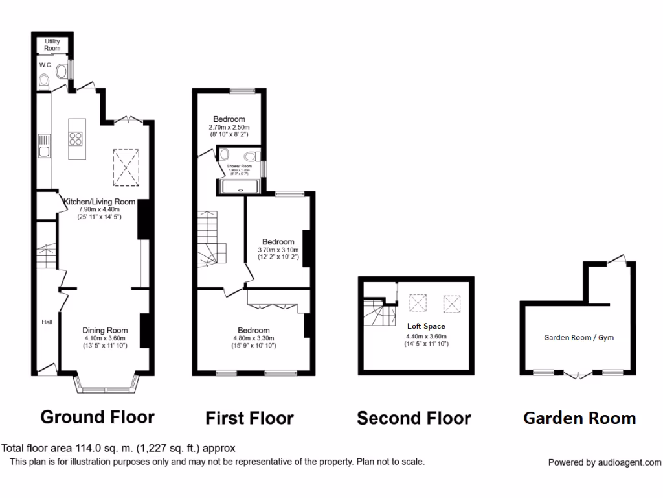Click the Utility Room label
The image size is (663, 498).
coord(52,45)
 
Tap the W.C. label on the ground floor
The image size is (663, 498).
coord(45,65)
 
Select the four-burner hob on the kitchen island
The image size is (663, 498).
coord(75,137)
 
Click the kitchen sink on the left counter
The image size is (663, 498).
coord(43,151)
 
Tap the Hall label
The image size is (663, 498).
coord(47,322)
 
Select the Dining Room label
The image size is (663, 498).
coord(106,330)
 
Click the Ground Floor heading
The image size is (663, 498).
coord(98,416)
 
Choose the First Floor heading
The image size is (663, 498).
coord(249,418)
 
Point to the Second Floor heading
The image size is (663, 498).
coord(414,418)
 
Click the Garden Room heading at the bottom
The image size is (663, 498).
coord(579,418)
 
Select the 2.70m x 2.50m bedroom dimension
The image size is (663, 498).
coord(229,128)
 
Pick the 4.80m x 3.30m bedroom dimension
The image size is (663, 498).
coord(254,338)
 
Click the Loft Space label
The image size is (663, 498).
coord(426,326)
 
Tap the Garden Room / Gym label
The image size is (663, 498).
coord(578,337)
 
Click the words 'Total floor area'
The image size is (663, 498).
coord(34,448)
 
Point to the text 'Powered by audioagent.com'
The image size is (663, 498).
coord(605,462)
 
